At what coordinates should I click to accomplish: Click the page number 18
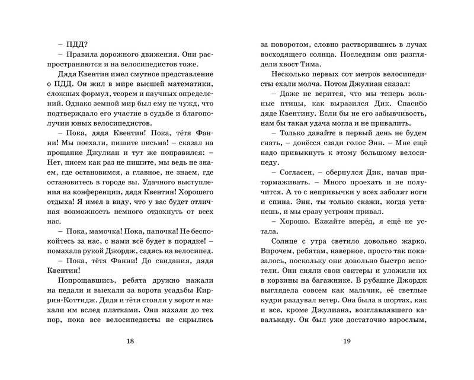coord(131,341)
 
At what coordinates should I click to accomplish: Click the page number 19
coord(348,341)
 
